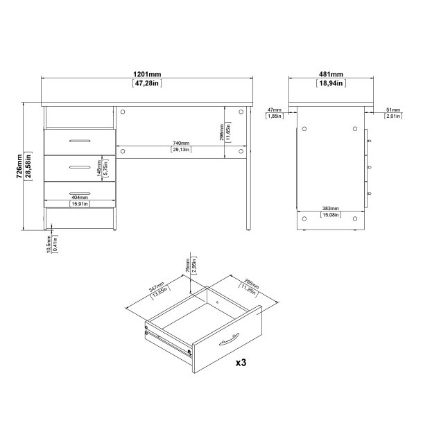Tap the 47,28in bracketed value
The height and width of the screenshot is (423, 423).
tap(146, 84)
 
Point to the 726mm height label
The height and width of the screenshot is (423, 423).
tap(18, 166)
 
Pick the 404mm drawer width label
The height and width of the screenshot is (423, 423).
tap(78, 198)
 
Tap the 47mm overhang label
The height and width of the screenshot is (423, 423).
tap(274, 109)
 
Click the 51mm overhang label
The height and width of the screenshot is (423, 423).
tap(393, 109)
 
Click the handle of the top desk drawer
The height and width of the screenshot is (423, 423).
tap(79, 140)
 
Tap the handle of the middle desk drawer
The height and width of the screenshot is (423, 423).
tap(79, 166)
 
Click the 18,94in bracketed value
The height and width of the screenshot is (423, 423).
tap(331, 84)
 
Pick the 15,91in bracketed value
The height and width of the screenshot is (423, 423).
tap(78, 204)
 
